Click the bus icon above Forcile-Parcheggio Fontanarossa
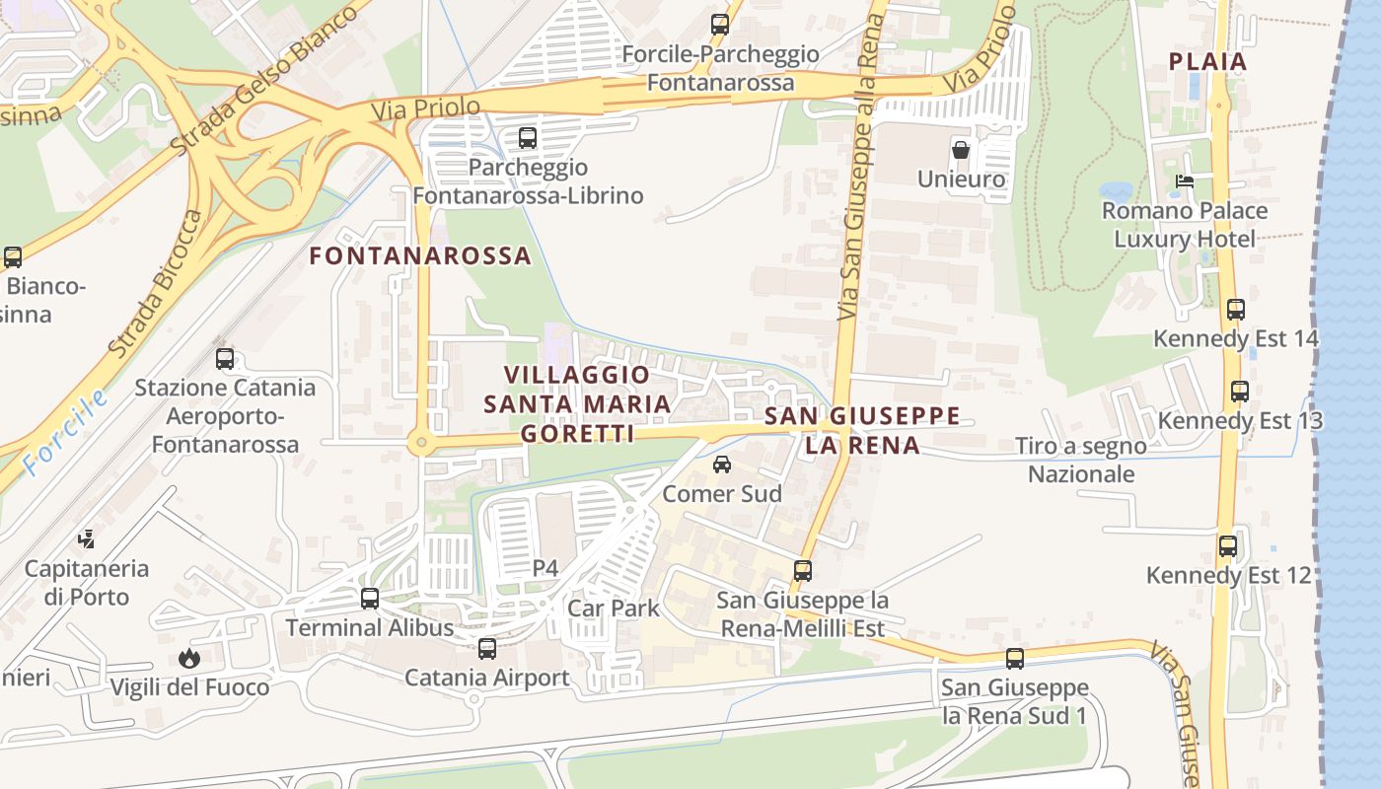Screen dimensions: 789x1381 click(720, 25)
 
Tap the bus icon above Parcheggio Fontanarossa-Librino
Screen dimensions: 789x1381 click(528, 138)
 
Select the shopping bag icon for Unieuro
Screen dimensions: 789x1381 click(961, 151)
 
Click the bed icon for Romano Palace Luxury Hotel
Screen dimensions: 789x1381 click(1185, 181)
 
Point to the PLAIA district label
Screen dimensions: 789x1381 click(1207, 61)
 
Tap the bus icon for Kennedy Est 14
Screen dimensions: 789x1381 click(1236, 310)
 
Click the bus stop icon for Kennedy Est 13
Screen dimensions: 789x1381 click(1240, 392)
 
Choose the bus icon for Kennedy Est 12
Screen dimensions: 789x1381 click(1228, 545)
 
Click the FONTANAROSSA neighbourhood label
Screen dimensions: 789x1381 click(420, 256)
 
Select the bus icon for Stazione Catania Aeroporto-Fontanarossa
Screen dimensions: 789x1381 click(225, 359)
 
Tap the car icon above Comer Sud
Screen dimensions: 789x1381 click(722, 465)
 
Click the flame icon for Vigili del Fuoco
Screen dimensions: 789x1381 click(188, 658)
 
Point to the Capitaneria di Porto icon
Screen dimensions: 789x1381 click(87, 539)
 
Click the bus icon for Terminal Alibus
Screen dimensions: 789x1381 click(370, 599)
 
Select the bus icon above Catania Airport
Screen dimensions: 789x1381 click(487, 649)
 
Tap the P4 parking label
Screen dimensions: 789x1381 click(545, 568)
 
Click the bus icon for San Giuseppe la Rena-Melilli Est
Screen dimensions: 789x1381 click(803, 571)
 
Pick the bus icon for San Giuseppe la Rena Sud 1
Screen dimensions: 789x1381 click(1015, 659)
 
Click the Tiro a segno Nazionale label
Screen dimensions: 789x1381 click(1081, 460)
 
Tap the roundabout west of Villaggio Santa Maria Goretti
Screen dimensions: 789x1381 click(422, 444)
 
